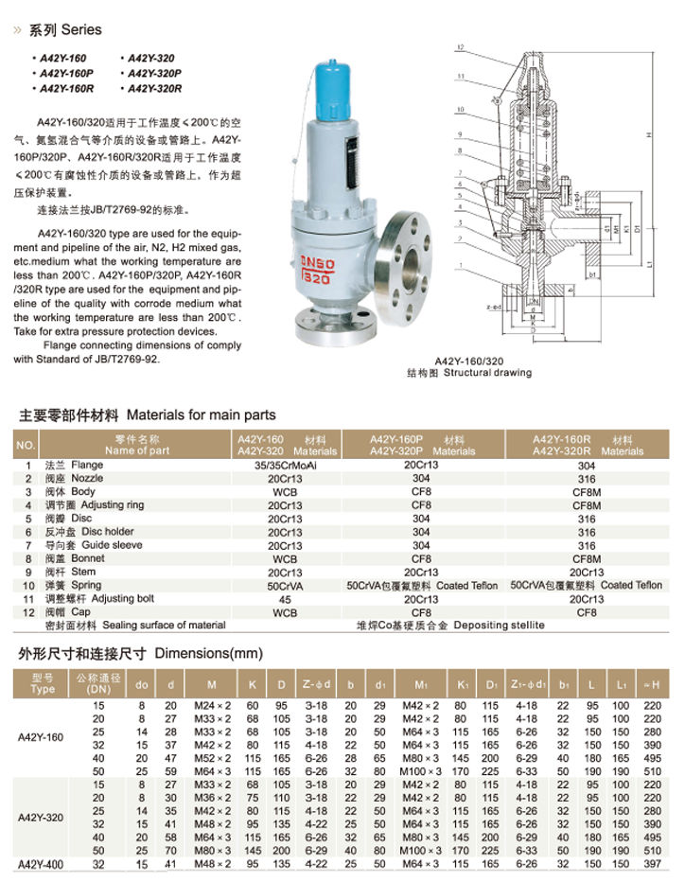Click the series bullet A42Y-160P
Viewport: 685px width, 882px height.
[65, 74]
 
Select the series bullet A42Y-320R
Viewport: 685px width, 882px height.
[153, 89]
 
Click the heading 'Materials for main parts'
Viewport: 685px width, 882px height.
[201, 415]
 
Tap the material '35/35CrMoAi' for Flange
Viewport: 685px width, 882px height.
[284, 466]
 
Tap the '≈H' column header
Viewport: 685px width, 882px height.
[651, 683]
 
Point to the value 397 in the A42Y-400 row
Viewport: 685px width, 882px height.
[651, 864]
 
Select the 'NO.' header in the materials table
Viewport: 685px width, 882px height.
[26, 446]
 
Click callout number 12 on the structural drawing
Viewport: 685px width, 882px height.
[459, 46]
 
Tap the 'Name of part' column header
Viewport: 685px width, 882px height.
[137, 451]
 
